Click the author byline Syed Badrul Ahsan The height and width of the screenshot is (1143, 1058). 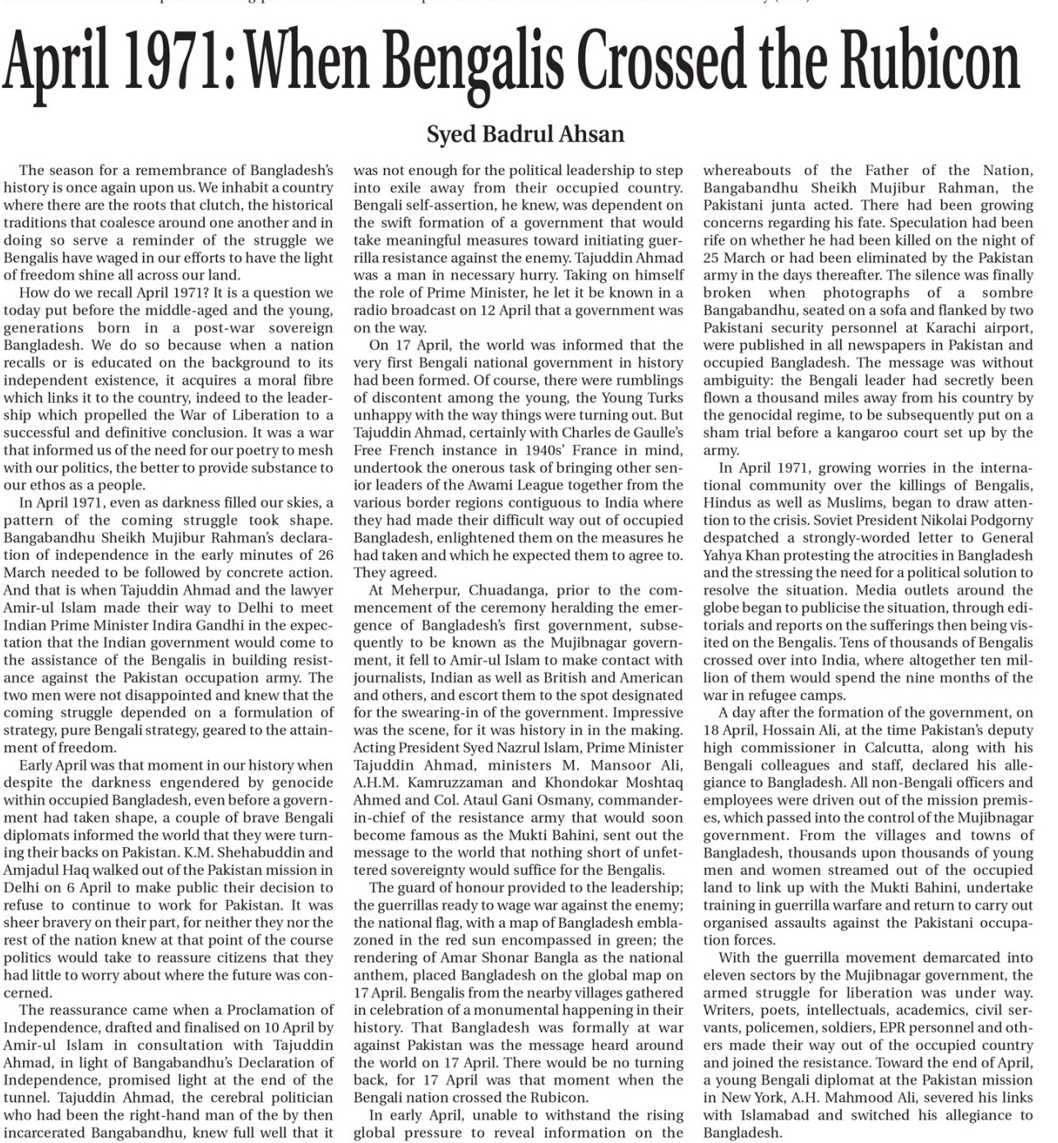(x=525, y=134)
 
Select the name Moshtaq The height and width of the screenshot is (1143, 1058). (x=654, y=783)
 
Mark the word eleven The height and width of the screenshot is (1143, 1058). (x=727, y=975)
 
